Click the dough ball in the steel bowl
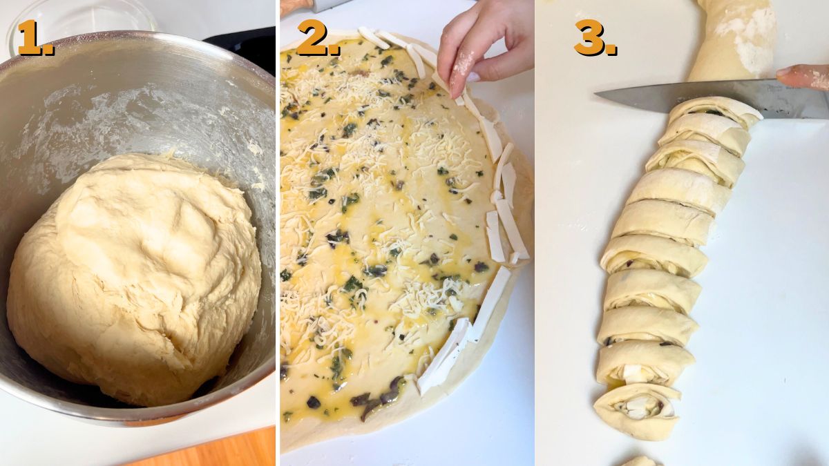click(x=135, y=276)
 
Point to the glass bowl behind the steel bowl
click(x=83, y=21)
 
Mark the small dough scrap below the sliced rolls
click(x=639, y=460)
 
